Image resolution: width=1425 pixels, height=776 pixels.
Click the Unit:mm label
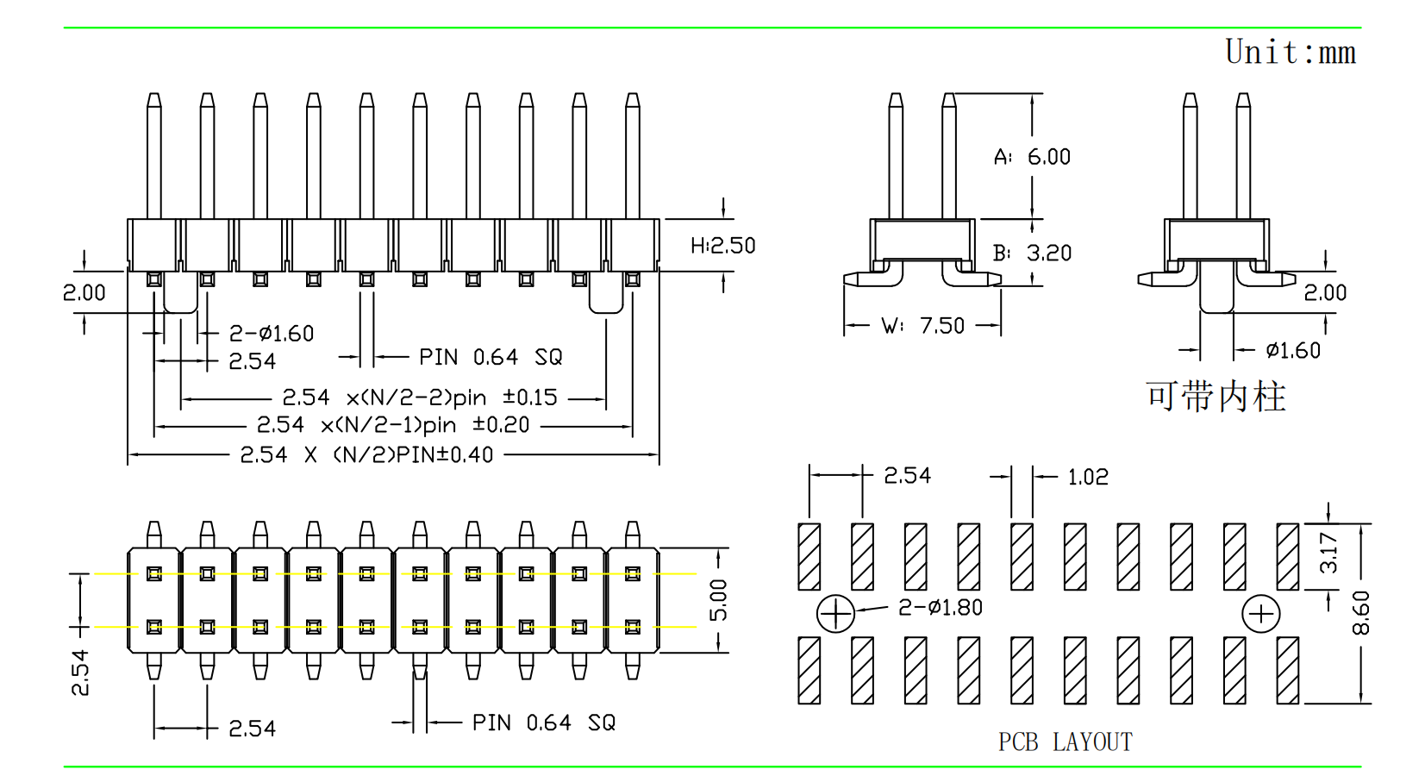pyautogui.click(x=1290, y=53)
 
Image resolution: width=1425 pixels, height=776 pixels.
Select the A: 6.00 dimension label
pyautogui.click(x=1032, y=157)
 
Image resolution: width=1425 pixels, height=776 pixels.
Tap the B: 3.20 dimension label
pyautogui.click(x=1032, y=253)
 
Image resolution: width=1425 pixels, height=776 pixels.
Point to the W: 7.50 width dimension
pyautogui.click(x=922, y=326)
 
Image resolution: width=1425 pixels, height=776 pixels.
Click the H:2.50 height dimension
pyautogui.click(x=722, y=246)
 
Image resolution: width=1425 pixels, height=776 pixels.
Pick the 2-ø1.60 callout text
pyautogui.click(x=272, y=334)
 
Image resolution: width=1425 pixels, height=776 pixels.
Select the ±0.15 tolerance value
pyautogui.click(x=530, y=397)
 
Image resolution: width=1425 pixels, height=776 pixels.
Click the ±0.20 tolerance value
pyautogui.click(x=501, y=425)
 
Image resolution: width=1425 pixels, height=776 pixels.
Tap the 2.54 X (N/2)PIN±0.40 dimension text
pyautogui.click(x=366, y=454)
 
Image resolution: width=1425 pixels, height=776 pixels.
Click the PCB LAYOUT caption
pyautogui.click(x=1065, y=742)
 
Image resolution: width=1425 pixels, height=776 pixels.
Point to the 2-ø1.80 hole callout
pyautogui.click(x=941, y=608)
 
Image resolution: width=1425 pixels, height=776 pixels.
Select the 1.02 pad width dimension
pyautogui.click(x=1088, y=477)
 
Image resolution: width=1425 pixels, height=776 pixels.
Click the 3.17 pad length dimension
pyautogui.click(x=1328, y=554)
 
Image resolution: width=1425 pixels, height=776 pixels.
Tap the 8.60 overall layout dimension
pyautogui.click(x=1360, y=613)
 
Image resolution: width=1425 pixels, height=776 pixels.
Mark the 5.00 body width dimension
pyautogui.click(x=718, y=600)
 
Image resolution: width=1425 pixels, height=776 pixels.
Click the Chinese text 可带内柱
pyautogui.click(x=1216, y=397)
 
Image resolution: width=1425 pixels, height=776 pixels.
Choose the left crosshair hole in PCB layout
pyautogui.click(x=835, y=614)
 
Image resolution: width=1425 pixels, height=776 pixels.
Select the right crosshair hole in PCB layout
pyautogui.click(x=1261, y=614)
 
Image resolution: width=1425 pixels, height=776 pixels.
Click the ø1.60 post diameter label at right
pyautogui.click(x=1293, y=351)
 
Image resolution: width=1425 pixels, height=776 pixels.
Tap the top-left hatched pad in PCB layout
pyautogui.click(x=809, y=556)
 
